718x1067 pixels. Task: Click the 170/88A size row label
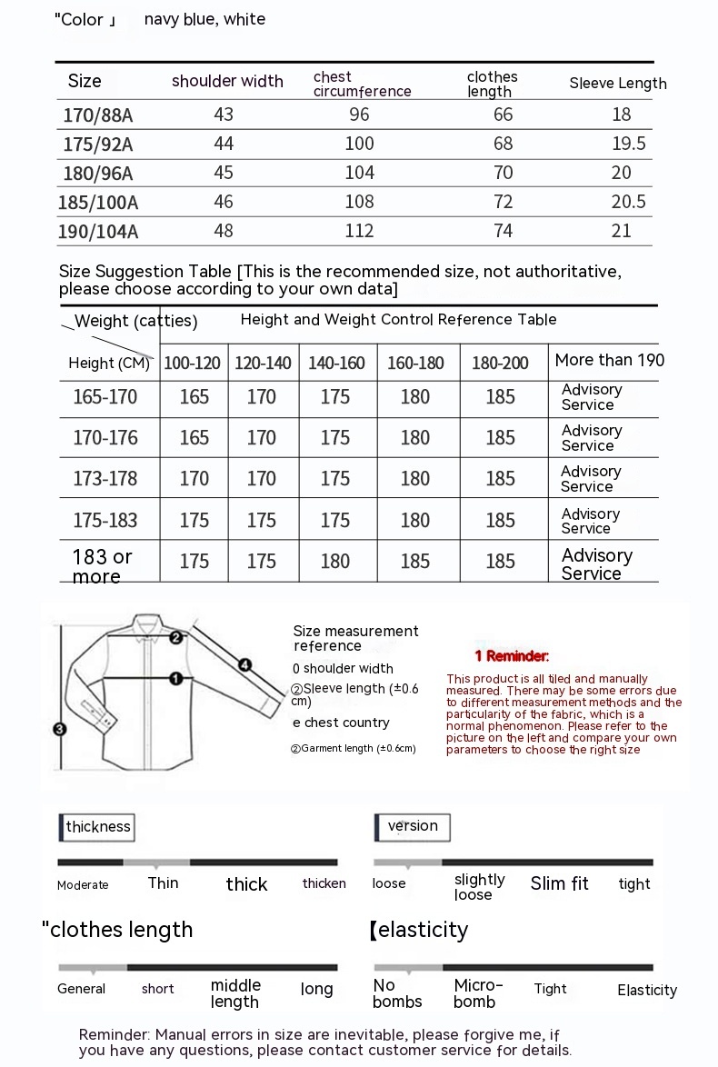(x=99, y=115)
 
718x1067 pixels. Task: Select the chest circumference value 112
(x=360, y=231)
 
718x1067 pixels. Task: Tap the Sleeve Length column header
(x=618, y=84)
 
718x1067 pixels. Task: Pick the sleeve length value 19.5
(x=628, y=144)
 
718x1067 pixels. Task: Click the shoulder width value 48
(x=224, y=231)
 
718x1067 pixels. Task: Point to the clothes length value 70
(x=504, y=173)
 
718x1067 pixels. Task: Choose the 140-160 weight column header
(x=336, y=364)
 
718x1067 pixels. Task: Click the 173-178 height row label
(x=105, y=479)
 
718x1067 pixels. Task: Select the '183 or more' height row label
(x=102, y=565)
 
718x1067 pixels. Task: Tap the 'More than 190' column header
(x=609, y=360)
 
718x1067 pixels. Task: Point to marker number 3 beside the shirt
(x=60, y=729)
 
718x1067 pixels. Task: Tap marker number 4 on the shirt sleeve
(x=244, y=664)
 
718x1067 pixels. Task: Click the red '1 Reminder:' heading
(x=512, y=656)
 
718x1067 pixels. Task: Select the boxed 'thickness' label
(x=98, y=826)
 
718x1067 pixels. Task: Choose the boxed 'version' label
(x=413, y=826)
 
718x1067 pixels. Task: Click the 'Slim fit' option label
(x=560, y=883)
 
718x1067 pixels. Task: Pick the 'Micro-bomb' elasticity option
(x=478, y=993)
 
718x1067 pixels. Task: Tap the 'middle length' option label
(x=235, y=993)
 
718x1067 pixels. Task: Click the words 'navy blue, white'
(x=204, y=19)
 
